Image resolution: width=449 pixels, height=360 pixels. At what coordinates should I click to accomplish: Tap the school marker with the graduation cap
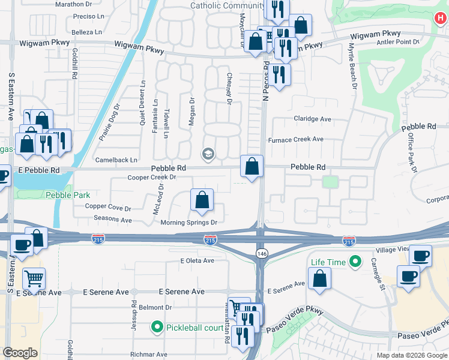pyautogui.click(x=208, y=155)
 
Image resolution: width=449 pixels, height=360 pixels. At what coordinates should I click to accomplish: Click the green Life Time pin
pyautogui.click(x=355, y=262)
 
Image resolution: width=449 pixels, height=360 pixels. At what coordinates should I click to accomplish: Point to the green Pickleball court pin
pyautogui.click(x=157, y=326)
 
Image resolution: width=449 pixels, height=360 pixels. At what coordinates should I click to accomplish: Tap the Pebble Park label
pyautogui.click(x=68, y=195)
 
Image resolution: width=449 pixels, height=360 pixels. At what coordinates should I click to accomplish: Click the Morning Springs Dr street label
pyautogui.click(x=188, y=223)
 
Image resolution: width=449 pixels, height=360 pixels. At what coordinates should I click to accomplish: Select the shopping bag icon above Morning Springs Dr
pyautogui.click(x=202, y=200)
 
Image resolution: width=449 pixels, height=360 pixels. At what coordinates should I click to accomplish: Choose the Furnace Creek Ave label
pyautogui.click(x=297, y=139)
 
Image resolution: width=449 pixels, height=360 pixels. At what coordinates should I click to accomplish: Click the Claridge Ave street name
pyautogui.click(x=312, y=119)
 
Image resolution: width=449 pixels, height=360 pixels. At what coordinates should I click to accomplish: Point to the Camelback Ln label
pyautogui.click(x=116, y=160)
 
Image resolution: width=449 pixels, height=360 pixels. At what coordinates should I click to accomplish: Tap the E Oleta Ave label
pyautogui.click(x=197, y=260)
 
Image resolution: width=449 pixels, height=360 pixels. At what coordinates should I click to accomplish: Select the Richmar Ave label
pyautogui.click(x=149, y=355)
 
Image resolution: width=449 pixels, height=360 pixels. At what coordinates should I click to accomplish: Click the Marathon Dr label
pyautogui.click(x=72, y=4)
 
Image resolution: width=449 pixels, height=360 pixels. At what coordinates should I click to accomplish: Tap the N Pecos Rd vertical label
pyautogui.click(x=265, y=83)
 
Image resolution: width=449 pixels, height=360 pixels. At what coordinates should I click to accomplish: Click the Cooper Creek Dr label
pyautogui.click(x=152, y=177)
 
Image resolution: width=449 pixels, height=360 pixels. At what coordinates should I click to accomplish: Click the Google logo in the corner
pyautogui.click(x=20, y=353)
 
